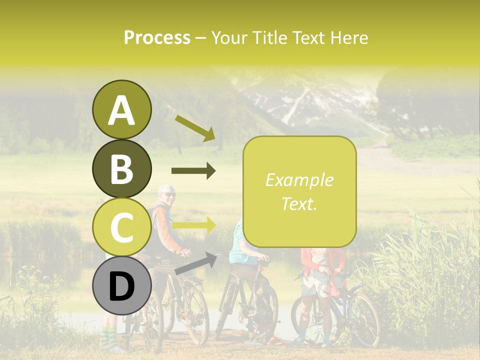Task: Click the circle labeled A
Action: [x=121, y=109]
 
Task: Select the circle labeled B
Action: [x=121, y=168]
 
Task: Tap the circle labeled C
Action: [x=121, y=227]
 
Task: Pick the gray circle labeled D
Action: [x=121, y=286]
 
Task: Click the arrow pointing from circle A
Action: [x=195, y=127]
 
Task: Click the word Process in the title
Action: [x=157, y=37]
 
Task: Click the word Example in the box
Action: [x=299, y=180]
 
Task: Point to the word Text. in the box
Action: [x=299, y=203]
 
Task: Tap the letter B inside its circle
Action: [x=121, y=169]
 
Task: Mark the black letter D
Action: [x=121, y=286]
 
